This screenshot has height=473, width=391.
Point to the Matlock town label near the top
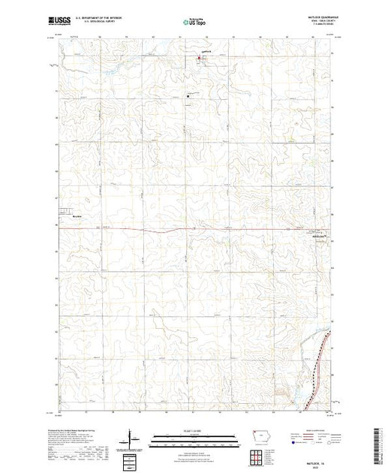click(206, 53)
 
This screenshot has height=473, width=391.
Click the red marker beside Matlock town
click(200, 57)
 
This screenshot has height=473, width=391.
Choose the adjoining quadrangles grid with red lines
click(258, 456)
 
